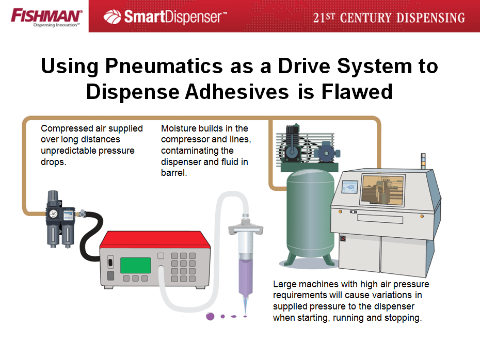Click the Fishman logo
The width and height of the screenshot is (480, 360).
(46, 17)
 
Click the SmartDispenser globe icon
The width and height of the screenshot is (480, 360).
(113, 17)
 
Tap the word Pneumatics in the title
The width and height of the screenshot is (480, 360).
(164, 66)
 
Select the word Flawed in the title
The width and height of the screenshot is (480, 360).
(357, 91)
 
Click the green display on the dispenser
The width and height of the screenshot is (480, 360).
(135, 265)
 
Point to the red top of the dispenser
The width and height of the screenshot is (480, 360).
(155, 239)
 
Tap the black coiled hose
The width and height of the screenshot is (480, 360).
(90, 236)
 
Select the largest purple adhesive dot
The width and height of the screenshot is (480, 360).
(210, 316)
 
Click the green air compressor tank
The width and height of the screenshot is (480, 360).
(310, 214)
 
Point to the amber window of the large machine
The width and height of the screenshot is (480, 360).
(383, 189)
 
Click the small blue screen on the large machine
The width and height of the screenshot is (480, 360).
(349, 187)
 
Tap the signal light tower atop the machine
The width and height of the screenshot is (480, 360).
(423, 161)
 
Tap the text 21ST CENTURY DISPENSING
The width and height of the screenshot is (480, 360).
(389, 18)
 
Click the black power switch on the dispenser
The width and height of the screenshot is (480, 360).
(110, 262)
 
